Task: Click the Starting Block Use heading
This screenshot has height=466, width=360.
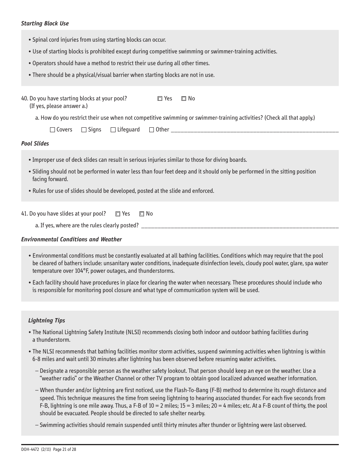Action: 45,23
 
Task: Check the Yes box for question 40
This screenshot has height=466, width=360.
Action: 160,99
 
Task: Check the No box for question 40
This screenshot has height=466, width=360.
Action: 184,99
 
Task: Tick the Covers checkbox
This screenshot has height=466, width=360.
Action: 53,130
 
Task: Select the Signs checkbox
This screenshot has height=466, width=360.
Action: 84,130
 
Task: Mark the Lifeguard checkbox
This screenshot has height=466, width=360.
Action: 113,130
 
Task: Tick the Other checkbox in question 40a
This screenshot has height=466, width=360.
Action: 152,130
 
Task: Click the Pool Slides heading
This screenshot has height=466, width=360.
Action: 35,144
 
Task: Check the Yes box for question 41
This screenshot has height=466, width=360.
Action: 118,214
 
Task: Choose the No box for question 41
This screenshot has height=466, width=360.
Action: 142,214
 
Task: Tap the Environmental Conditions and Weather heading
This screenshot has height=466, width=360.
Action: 71,239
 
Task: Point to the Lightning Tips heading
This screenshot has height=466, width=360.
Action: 47,321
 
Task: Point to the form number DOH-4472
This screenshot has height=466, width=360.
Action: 30,450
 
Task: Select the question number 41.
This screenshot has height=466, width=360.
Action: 24,214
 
